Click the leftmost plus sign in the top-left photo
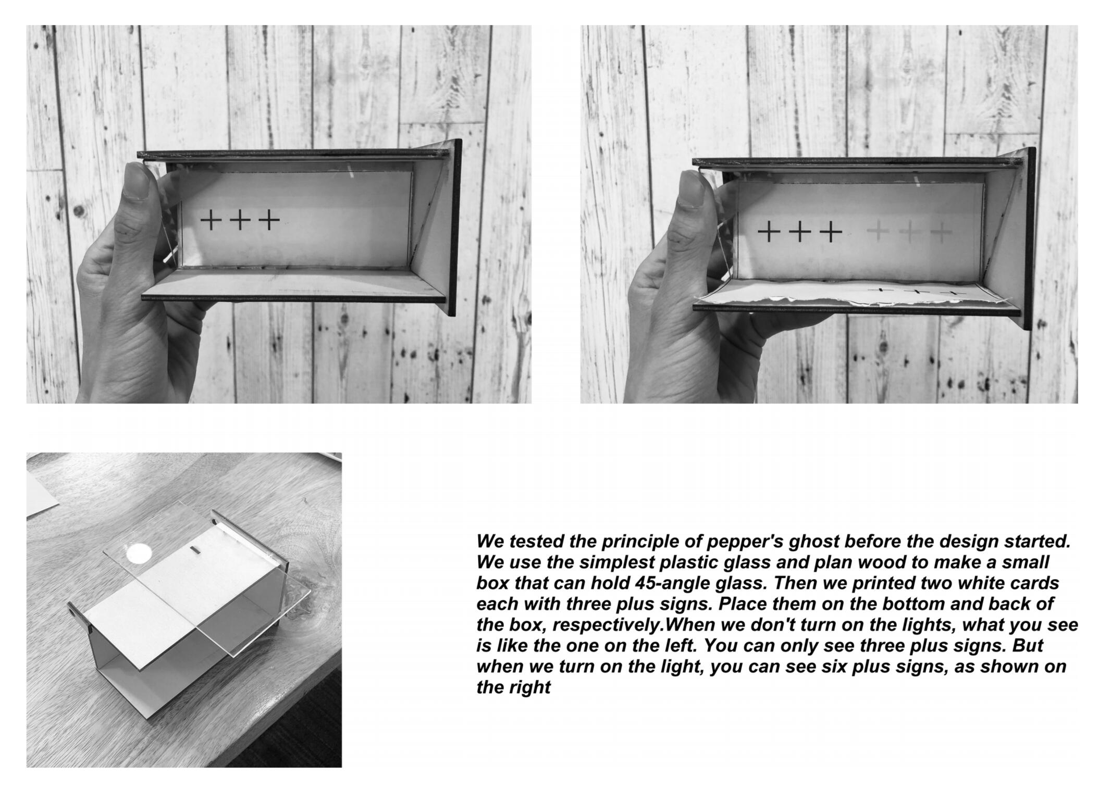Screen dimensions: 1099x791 211,220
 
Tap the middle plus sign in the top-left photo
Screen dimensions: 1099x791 240,220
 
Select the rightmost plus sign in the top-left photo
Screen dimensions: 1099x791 269,220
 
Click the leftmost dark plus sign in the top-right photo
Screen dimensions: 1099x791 768,231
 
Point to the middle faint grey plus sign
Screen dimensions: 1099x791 910,232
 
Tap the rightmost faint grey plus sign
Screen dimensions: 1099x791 941,232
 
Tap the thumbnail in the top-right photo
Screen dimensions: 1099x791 692,189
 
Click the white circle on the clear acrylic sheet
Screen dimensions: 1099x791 140,553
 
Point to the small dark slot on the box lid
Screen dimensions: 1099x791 195,550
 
